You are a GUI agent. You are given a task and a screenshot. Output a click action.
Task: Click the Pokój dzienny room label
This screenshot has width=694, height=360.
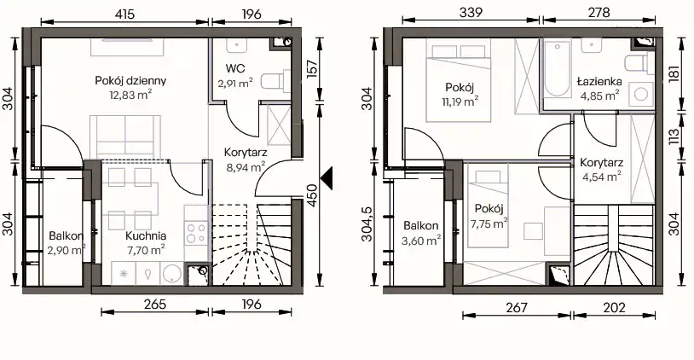tap(130, 80)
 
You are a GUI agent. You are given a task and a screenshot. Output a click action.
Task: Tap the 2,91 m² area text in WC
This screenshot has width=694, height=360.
tap(235, 83)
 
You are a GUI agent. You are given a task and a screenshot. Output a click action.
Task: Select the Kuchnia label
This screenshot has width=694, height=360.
tap(146, 236)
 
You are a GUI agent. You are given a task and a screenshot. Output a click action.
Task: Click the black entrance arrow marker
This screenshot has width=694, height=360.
tap(327, 179)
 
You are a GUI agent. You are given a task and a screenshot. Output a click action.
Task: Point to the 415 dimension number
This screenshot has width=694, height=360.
tap(124, 15)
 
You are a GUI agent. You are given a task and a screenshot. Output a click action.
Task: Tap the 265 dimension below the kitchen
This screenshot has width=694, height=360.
tap(155, 305)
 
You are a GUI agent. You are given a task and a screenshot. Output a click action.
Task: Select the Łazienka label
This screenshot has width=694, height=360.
tap(599, 82)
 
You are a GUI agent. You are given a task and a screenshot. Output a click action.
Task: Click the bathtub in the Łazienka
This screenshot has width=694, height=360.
tap(557, 68)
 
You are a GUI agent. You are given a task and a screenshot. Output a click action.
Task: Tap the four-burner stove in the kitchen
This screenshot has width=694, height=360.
tap(196, 233)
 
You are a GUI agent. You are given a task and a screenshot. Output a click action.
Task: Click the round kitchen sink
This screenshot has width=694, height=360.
tap(171, 273)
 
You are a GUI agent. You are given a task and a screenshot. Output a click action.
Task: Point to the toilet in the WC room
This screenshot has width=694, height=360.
tap(275, 81)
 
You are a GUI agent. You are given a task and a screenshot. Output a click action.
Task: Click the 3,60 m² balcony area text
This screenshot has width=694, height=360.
tap(421, 241)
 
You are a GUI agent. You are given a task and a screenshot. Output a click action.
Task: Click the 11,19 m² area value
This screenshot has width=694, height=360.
tap(460, 102)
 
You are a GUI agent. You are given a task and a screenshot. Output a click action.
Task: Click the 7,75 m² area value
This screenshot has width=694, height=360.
tap(489, 224)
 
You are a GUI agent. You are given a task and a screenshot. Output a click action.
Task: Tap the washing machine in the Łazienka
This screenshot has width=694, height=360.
tap(641, 94)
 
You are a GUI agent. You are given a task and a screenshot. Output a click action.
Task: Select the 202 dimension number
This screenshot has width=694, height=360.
tap(614, 307)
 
